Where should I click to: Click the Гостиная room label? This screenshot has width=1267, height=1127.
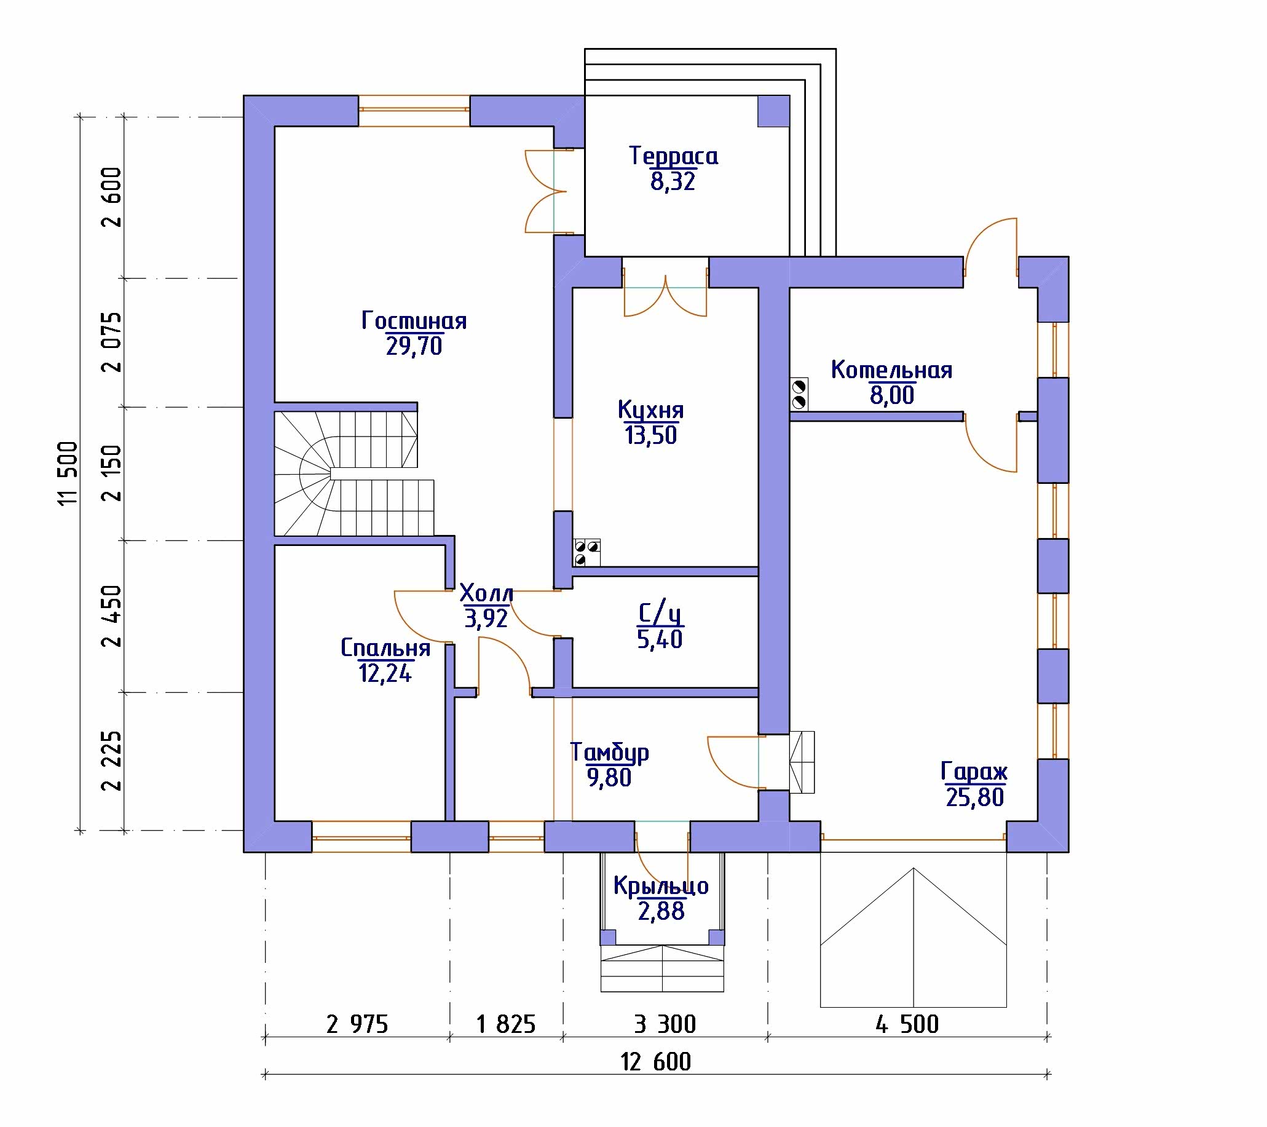point(414,321)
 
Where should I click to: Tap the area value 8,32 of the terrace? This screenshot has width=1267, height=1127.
point(673,181)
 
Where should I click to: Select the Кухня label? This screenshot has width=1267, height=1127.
point(651,410)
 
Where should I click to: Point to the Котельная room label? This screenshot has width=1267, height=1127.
point(891,370)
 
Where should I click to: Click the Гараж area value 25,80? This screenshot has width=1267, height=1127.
point(974,797)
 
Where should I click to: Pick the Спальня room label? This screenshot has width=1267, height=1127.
point(385,649)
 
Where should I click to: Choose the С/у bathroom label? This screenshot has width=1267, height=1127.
point(660,613)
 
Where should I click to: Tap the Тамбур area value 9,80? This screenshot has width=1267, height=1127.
point(609,777)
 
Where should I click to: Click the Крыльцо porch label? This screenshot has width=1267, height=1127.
point(661,887)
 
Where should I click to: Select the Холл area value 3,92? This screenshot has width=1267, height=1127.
point(486,618)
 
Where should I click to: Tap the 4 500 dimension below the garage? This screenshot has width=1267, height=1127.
point(907,1024)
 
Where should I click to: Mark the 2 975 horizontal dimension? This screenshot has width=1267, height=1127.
point(357,1024)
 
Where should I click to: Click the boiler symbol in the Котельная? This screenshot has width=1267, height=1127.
point(799,394)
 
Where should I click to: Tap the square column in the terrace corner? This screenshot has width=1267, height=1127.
point(773,111)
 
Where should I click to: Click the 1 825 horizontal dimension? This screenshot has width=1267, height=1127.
point(506,1024)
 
